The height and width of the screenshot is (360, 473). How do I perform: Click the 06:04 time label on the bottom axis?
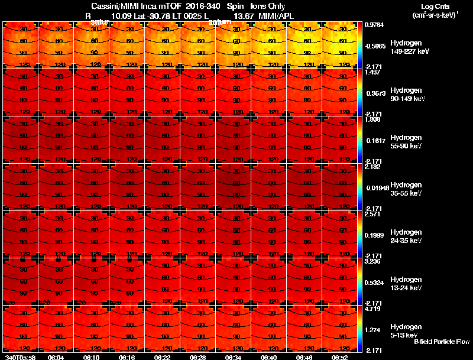point(56,357)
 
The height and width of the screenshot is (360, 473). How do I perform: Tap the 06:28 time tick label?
point(198,357)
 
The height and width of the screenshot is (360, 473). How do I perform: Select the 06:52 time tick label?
point(340,357)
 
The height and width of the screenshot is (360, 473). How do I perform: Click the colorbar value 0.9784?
point(376,25)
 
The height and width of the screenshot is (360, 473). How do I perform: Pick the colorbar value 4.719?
point(374,309)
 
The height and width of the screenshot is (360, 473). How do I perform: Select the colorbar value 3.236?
point(374,261)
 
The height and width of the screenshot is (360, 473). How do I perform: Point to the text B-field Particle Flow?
point(442,342)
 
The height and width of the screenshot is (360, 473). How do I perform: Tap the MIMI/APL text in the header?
point(276,15)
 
